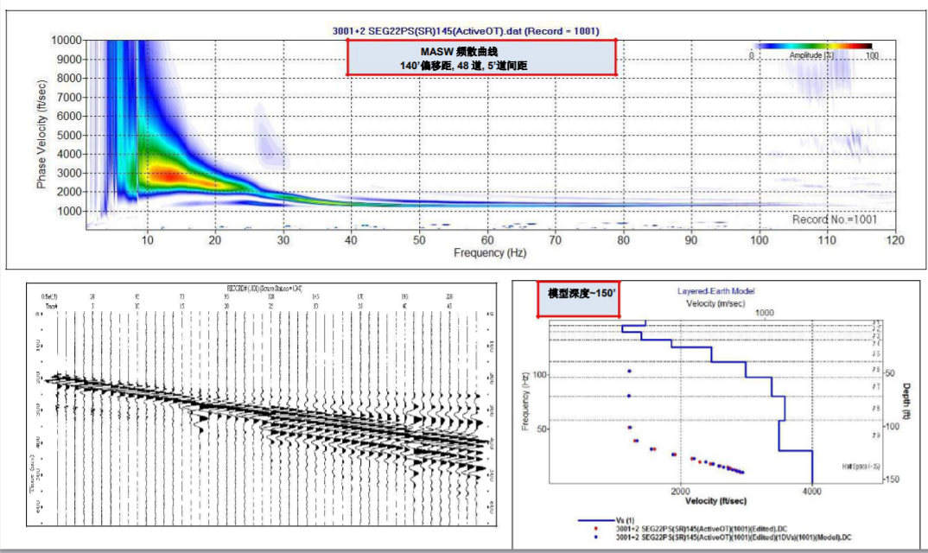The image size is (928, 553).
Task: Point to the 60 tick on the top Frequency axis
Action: [487, 239]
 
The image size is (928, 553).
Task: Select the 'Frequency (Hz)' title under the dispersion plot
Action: [489, 253]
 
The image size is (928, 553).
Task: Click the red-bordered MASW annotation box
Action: [481, 57]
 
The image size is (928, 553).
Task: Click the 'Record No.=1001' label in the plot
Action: [834, 219]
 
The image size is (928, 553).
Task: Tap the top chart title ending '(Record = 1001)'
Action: [466, 31]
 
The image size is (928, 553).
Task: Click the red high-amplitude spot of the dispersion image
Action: [164, 175]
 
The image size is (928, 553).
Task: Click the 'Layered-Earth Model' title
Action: [719, 291]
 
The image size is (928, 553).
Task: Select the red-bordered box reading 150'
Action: [580, 294]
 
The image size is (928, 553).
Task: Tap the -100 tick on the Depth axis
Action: [887, 426]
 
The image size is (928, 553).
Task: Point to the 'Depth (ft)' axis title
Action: [906, 401]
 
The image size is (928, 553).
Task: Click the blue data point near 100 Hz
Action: [629, 371]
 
